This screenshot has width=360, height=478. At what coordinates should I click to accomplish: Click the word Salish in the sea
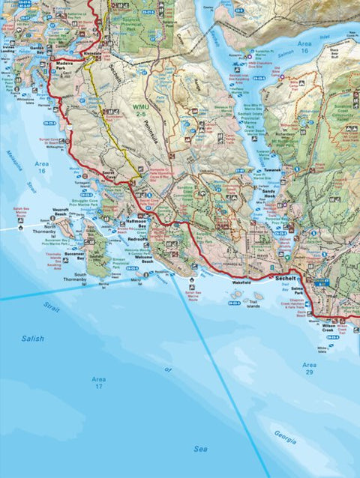tap(32, 339)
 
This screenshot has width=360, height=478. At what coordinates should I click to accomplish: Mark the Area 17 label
tap(98, 383)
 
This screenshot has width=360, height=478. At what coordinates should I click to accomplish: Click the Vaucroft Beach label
tap(61, 214)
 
